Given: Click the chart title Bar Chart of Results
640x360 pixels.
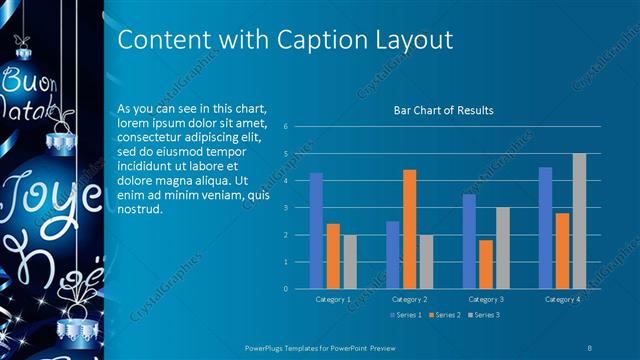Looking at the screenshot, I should [443, 110].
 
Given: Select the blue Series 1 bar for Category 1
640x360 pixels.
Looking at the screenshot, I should [316, 230].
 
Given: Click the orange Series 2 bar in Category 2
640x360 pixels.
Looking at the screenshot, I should [409, 229].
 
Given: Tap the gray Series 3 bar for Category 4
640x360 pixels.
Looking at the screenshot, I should [579, 221].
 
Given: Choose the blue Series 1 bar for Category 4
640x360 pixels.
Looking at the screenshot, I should [545, 228].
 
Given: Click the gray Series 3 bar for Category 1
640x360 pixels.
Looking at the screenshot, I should [349, 262].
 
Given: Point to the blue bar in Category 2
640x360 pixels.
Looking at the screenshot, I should [392, 255].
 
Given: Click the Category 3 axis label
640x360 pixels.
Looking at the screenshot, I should [486, 299].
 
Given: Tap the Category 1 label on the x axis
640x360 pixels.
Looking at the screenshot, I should [332, 299].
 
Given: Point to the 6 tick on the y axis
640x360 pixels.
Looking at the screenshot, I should [286, 127].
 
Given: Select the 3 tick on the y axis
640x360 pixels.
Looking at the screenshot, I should [286, 208].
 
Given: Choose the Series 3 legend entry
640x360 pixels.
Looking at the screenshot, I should [484, 315].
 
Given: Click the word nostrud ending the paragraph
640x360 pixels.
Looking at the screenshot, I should [138, 210].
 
